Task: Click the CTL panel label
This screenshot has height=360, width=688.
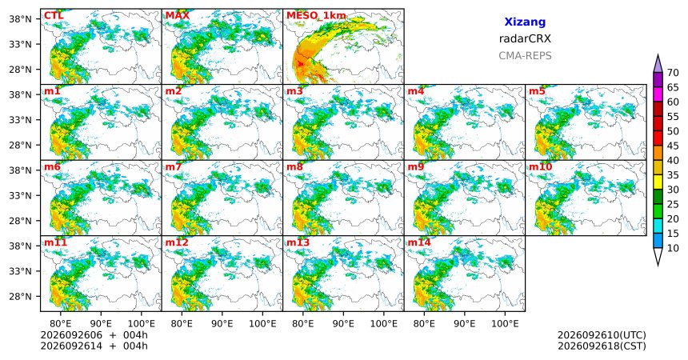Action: (54, 16)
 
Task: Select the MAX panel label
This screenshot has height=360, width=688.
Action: (178, 16)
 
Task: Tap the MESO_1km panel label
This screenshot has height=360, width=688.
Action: (316, 16)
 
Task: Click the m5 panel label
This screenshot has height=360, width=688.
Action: (537, 91)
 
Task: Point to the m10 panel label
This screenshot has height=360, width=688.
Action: (540, 167)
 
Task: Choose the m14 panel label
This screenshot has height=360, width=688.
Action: (419, 242)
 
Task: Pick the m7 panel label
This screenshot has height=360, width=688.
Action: (174, 167)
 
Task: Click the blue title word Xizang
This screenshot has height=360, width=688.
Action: (525, 22)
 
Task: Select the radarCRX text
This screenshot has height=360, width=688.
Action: (525, 38)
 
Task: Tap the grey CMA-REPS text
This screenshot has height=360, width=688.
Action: (525, 56)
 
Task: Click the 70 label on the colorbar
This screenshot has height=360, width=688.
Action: (673, 73)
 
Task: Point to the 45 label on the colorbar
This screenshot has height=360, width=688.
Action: (673, 146)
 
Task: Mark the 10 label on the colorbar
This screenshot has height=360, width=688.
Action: (673, 249)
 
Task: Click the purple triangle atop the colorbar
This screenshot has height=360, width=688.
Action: (658, 65)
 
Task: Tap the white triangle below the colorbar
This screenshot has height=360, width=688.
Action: (658, 255)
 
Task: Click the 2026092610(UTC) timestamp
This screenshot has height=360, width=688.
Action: (602, 335)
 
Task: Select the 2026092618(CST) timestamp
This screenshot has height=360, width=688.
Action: (602, 346)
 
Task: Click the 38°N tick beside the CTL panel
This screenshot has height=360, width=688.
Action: (20, 19)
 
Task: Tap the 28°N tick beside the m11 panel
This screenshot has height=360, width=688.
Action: (20, 296)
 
